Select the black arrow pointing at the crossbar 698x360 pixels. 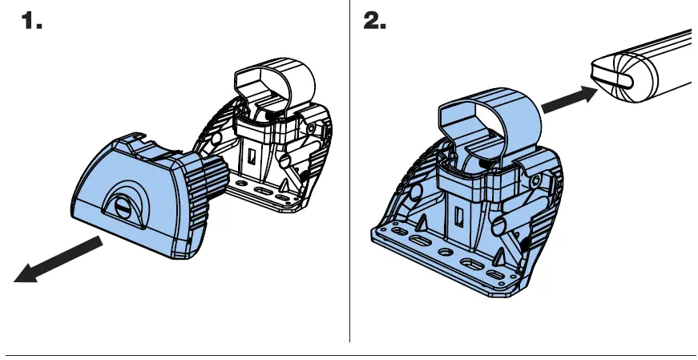click(x=567, y=99)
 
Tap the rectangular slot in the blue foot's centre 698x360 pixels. click(x=458, y=215)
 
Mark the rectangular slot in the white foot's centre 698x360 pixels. click(x=252, y=157)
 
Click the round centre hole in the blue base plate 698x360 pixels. click(x=442, y=253)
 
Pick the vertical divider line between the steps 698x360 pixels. click(x=350, y=176)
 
